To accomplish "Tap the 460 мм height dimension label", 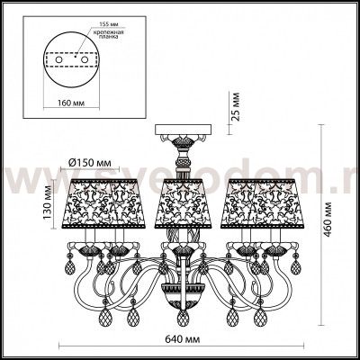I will [x=331, y=216].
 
